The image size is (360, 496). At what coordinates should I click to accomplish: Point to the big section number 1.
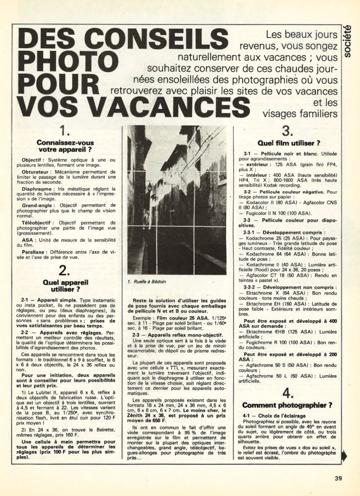coord(65,130)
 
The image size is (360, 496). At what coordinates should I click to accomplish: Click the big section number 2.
coord(65,270)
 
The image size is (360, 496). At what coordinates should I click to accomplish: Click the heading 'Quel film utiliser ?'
coord(289,143)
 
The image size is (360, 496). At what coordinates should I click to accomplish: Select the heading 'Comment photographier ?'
coord(287,405)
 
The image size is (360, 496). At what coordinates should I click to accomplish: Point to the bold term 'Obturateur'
coord(37,174)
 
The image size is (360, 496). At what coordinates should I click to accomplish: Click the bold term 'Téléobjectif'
coord(40,222)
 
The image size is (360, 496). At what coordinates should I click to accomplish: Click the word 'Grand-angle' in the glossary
coord(39,206)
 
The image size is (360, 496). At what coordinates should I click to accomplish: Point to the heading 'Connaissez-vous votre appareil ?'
coord(65,146)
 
